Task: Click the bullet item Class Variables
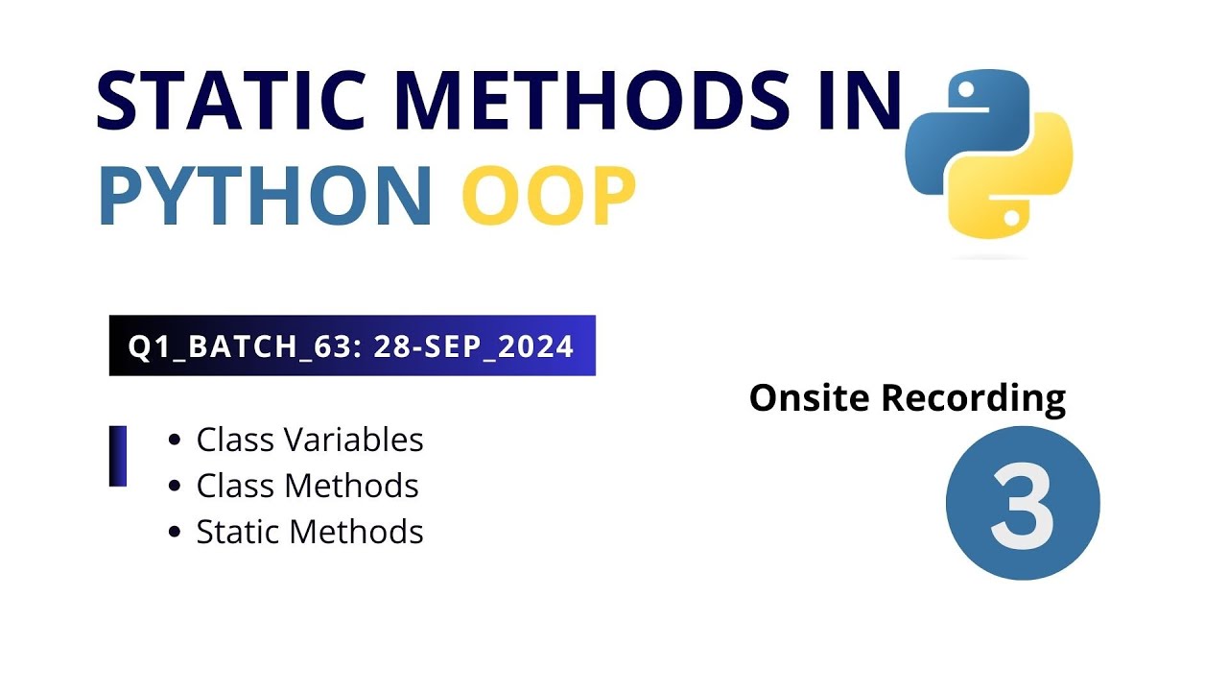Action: (309, 440)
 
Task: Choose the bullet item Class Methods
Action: (307, 486)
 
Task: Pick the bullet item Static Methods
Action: (309, 531)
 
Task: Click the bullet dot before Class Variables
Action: (174, 441)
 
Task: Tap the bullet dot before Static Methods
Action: (174, 532)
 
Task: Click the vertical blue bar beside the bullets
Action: (118, 456)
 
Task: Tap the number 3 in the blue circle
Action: (1023, 504)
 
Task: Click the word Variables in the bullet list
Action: (360, 440)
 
